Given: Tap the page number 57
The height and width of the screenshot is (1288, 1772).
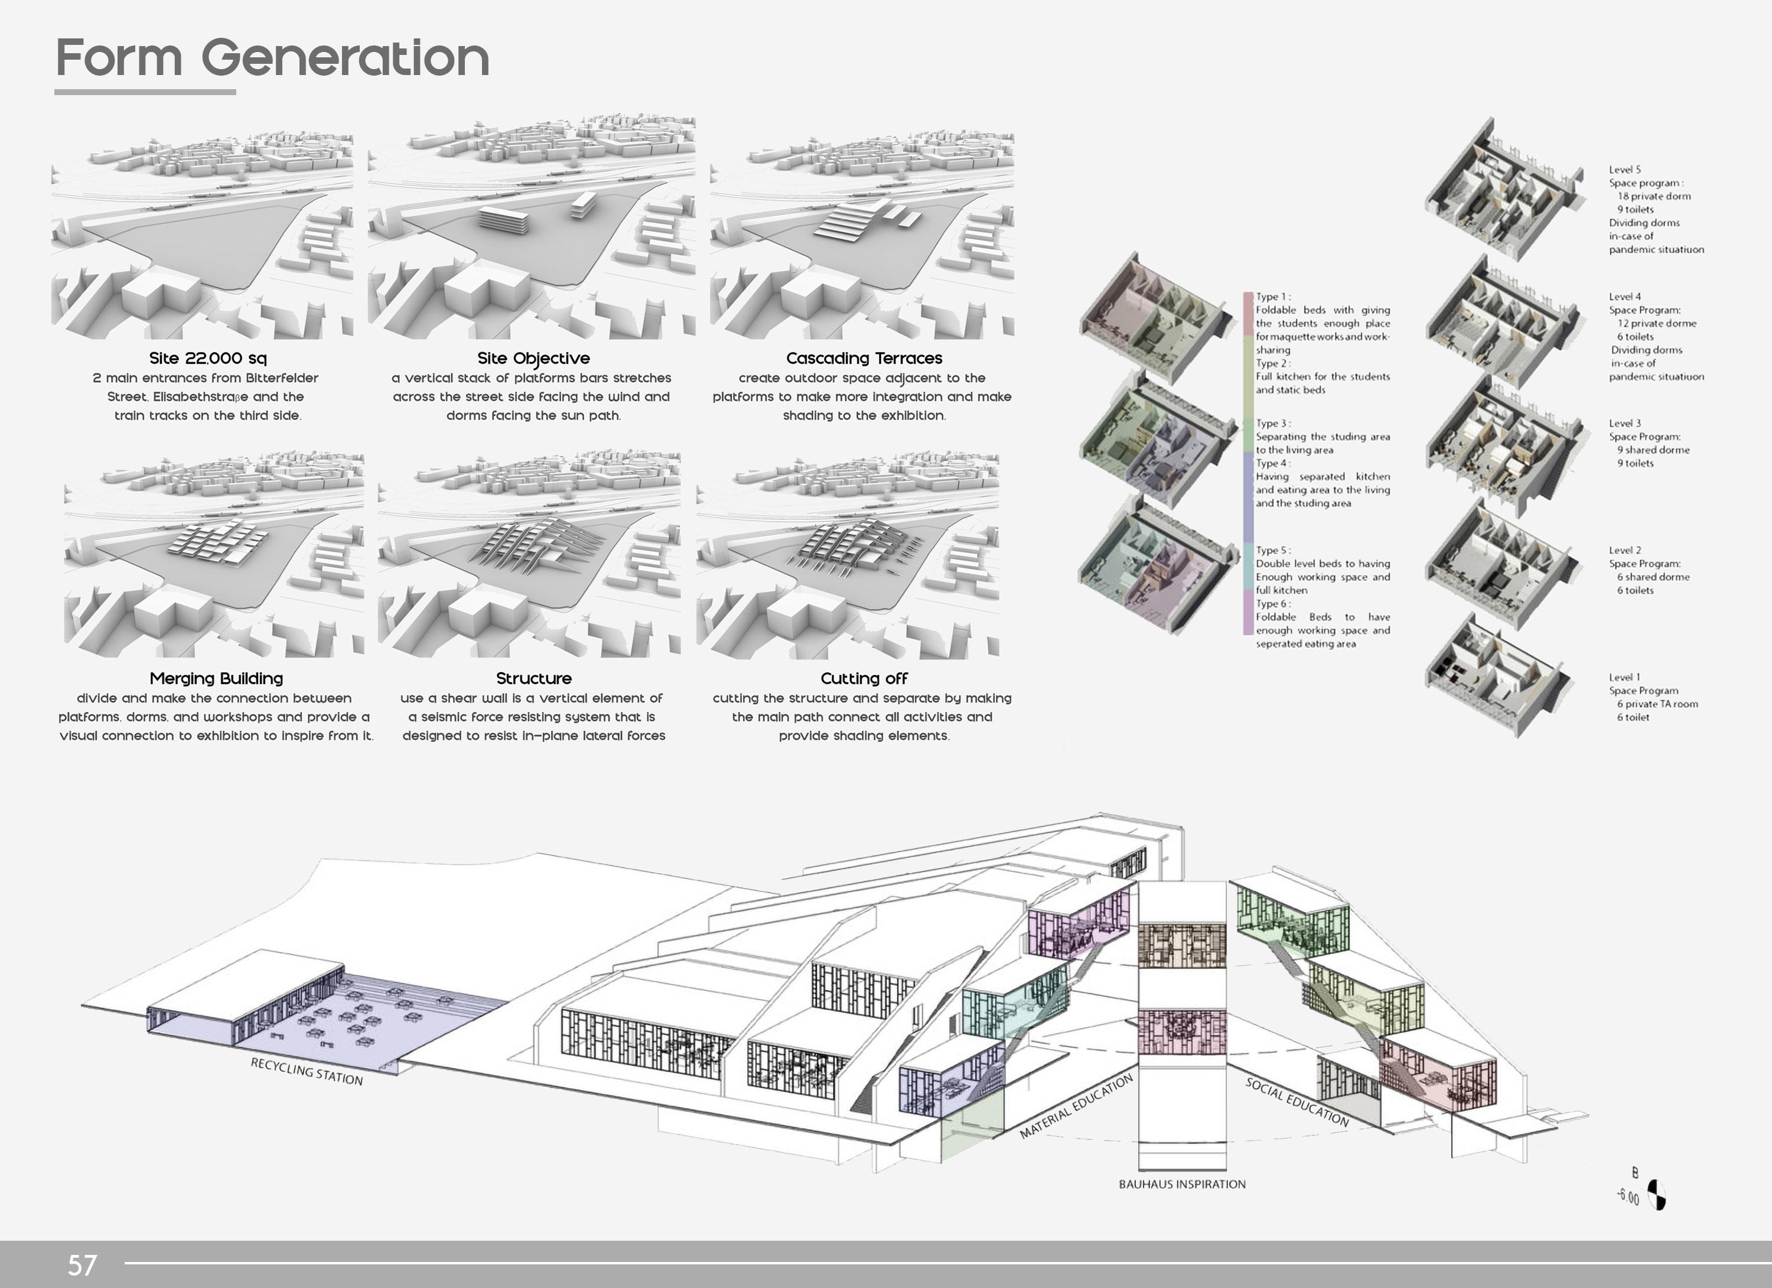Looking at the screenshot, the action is [82, 1264].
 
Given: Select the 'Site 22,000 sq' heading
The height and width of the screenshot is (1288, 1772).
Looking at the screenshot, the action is [208, 358].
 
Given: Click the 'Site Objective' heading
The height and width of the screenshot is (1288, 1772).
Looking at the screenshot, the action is [533, 358].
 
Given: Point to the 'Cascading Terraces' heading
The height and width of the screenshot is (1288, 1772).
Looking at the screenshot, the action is [864, 358].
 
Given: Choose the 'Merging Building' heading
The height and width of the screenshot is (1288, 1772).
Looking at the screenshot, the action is [216, 678].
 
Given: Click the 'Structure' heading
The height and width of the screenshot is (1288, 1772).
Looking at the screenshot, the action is [533, 678].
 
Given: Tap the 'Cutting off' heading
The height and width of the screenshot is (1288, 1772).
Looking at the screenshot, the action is [864, 678].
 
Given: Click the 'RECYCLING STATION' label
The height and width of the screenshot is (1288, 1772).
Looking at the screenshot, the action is [307, 1072].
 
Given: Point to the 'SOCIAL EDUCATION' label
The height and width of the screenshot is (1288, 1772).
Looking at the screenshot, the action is [1297, 1102].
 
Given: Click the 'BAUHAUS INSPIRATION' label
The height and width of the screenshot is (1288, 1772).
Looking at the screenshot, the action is [1182, 1184].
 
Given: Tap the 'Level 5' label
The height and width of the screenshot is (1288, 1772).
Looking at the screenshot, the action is [1624, 170].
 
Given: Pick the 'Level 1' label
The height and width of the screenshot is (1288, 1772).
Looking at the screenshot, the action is [1624, 678].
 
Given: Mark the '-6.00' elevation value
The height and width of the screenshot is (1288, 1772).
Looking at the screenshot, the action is [1628, 1196].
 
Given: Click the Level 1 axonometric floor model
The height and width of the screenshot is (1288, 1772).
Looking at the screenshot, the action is [1496, 676].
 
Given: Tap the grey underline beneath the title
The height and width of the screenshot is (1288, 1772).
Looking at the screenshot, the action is [145, 92].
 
